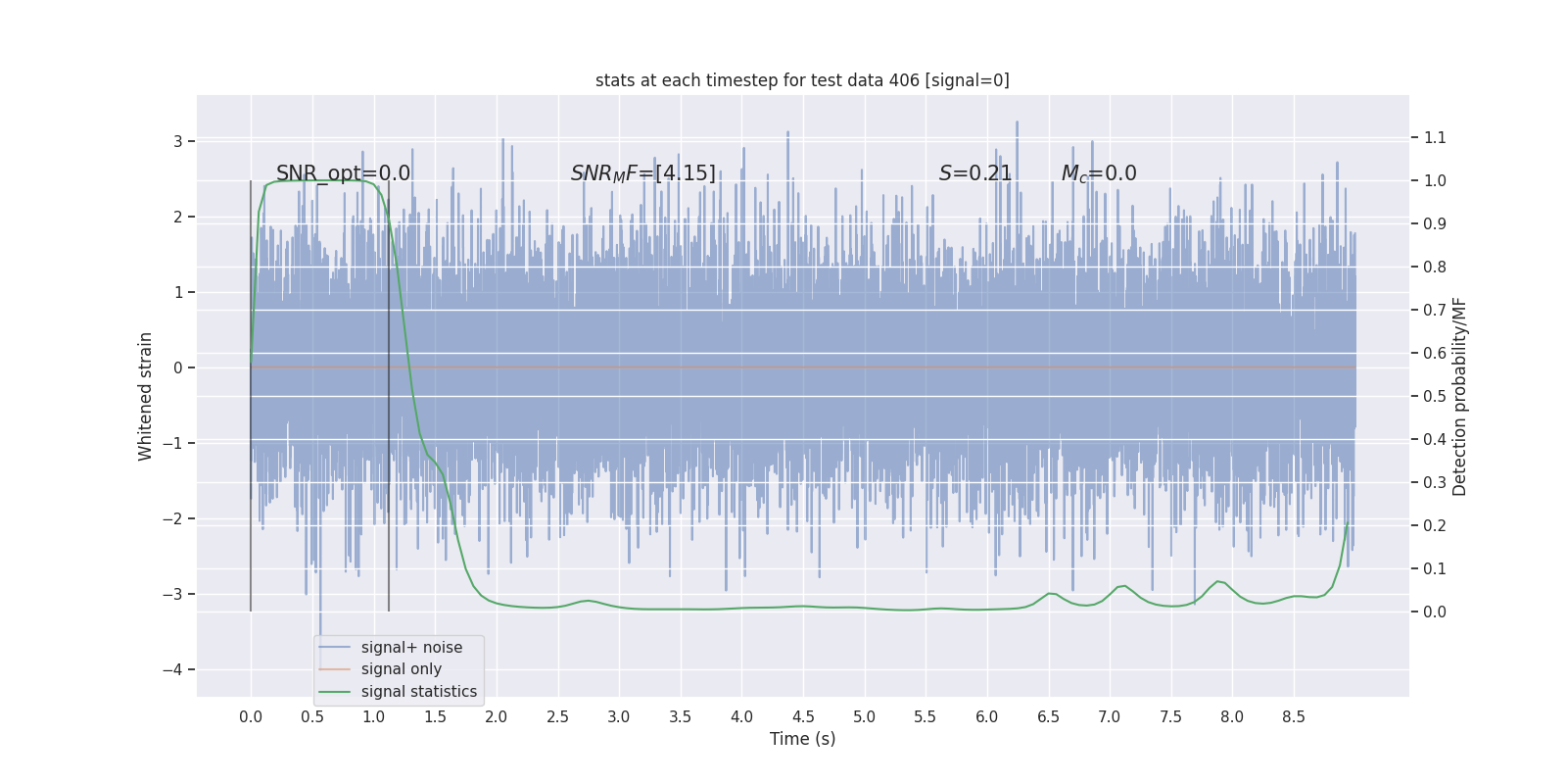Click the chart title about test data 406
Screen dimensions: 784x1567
click(x=802, y=80)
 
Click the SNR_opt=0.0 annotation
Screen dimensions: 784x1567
click(x=343, y=173)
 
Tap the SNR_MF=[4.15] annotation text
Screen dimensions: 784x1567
click(x=643, y=173)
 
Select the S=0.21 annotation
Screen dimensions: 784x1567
click(x=974, y=173)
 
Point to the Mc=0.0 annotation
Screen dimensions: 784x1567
click(x=1099, y=173)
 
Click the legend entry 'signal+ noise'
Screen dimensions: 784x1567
click(x=411, y=648)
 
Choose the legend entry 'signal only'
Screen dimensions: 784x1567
click(x=401, y=669)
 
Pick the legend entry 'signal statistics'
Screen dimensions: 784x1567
click(x=418, y=692)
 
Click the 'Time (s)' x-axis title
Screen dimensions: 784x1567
click(x=802, y=739)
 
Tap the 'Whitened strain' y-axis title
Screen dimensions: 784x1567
click(x=146, y=396)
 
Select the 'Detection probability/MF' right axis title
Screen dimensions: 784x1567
click(x=1459, y=396)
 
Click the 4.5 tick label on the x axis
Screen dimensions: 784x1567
click(x=803, y=716)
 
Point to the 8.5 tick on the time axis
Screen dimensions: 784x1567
click(x=1294, y=716)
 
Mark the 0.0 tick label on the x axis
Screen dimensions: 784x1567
click(x=251, y=716)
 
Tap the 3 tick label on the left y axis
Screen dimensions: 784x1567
click(x=178, y=141)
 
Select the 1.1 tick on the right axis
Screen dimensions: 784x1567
click(x=1435, y=137)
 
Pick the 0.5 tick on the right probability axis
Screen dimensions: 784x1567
click(x=1435, y=396)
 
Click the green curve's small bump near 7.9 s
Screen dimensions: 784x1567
click(x=1218, y=581)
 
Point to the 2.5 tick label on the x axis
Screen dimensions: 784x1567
click(x=557, y=716)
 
